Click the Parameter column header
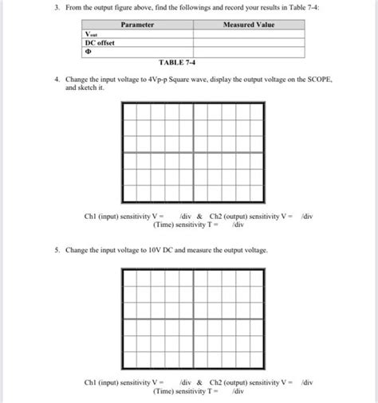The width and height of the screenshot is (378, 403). tap(136, 25)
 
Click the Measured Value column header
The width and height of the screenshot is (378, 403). tap(248, 25)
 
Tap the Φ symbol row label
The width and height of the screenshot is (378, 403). tap(89, 51)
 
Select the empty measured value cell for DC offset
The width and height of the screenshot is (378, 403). tap(248, 42)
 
